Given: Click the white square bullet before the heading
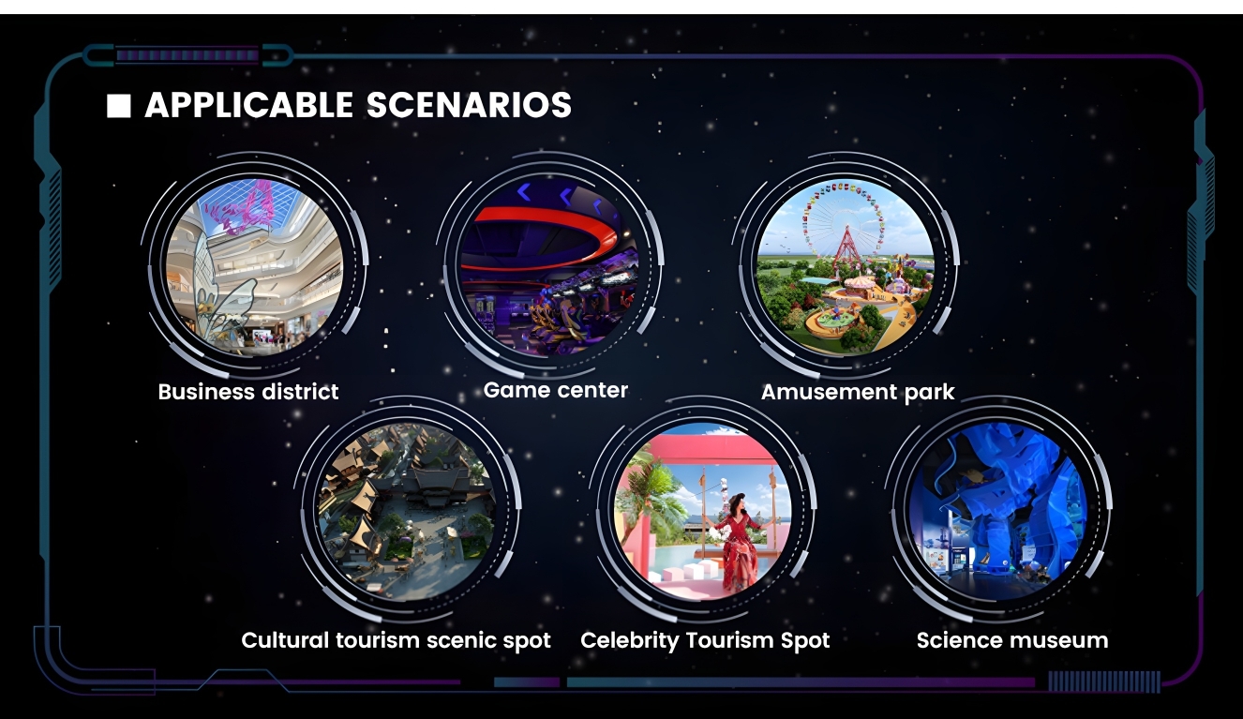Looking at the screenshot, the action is tap(118, 105).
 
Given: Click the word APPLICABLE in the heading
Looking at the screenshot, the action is tap(249, 105).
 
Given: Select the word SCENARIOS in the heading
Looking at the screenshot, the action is tap(469, 105).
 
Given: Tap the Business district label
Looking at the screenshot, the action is tap(248, 392).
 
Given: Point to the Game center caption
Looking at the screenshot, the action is tap(556, 390).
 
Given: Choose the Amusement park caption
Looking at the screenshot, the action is tap(858, 392).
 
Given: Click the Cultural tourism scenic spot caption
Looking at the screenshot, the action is tap(396, 640).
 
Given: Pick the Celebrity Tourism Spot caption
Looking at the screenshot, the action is tap(705, 640).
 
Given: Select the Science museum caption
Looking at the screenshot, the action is tap(1012, 640).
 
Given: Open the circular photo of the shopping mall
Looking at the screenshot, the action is tap(255, 266).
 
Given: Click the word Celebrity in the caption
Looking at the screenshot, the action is tap(630, 640).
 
